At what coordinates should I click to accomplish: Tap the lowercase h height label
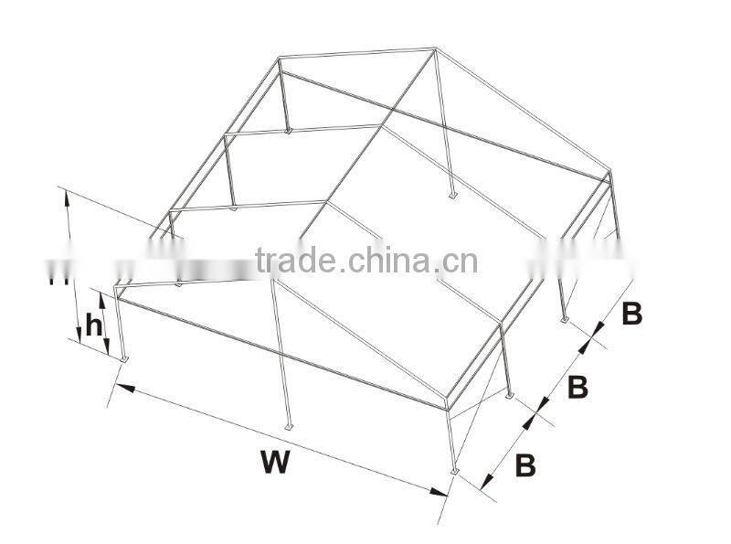(x=93, y=325)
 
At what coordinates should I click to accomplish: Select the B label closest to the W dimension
(x=524, y=465)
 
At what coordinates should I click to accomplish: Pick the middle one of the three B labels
(x=577, y=387)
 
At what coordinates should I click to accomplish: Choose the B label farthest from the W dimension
(x=631, y=314)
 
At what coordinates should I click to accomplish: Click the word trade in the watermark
(x=295, y=261)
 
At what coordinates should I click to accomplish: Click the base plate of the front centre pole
(x=289, y=426)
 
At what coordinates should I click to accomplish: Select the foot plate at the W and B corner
(x=454, y=471)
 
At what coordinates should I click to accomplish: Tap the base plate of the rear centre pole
(x=452, y=195)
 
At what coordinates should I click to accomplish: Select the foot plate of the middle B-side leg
(x=510, y=396)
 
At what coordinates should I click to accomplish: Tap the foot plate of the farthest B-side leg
(x=564, y=319)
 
